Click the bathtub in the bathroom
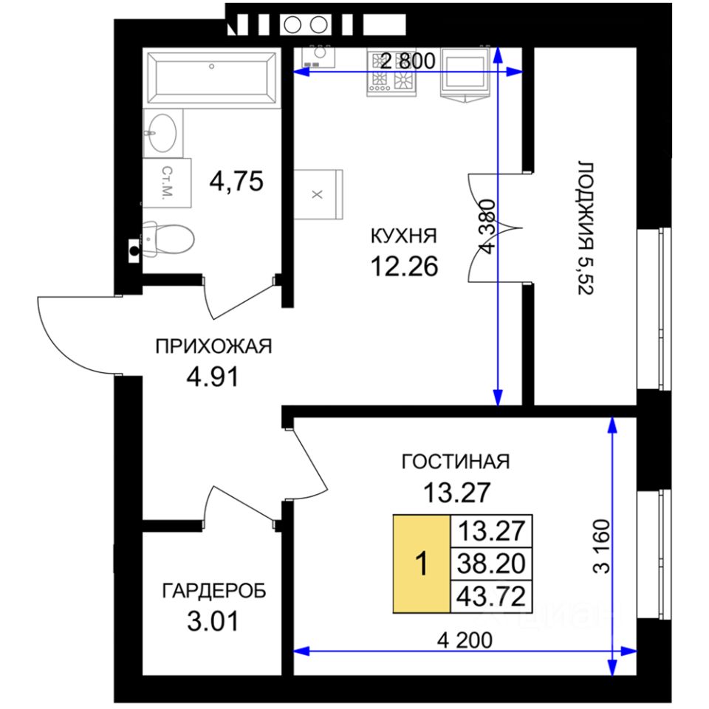211,78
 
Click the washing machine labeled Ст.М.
168,182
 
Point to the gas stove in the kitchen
391,73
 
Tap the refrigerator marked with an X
318,194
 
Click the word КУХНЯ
404,236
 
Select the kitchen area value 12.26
404,266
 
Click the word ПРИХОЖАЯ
213,347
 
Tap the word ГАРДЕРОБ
214,591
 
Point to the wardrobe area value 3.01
213,621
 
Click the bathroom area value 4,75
236,182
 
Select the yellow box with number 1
422,564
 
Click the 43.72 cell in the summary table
491,597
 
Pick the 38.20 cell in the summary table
491,564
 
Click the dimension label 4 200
465,640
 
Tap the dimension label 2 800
408,61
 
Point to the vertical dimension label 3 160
602,547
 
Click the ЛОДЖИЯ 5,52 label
586,228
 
